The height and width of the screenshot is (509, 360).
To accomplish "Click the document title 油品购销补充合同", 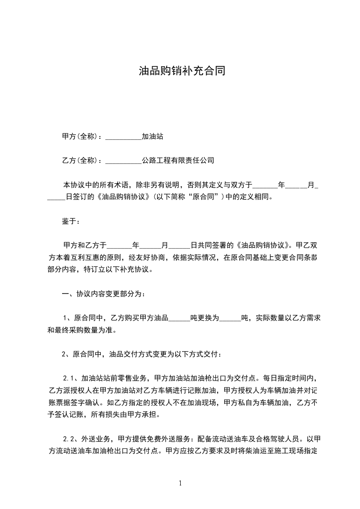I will click(x=182, y=71).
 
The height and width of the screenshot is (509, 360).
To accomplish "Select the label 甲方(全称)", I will click(x=78, y=136).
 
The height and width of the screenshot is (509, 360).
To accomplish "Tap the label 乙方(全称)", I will click(x=78, y=160).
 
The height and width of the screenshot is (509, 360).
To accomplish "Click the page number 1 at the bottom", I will click(x=180, y=483).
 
